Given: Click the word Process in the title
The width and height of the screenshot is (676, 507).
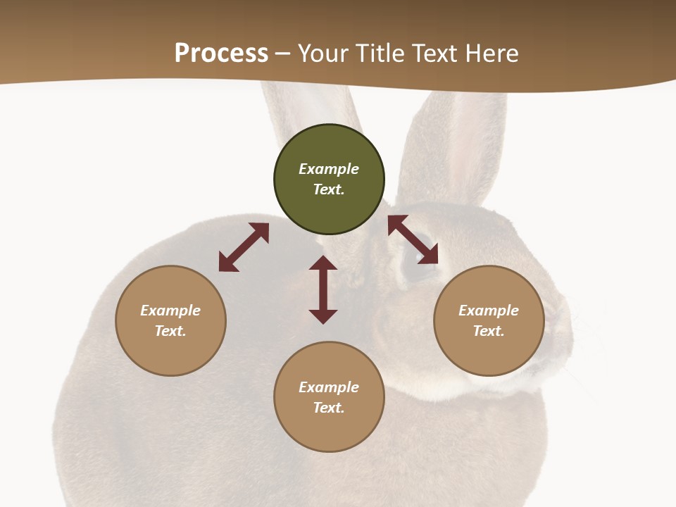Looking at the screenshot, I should pos(221,54).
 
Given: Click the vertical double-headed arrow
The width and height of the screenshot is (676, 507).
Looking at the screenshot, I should pos(323,289).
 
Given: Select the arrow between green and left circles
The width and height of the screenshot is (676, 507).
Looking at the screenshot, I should pos(244,247).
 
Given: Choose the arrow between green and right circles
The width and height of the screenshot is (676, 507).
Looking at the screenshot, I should pos(413,239).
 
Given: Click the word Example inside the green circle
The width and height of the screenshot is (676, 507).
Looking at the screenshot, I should pos(329,169).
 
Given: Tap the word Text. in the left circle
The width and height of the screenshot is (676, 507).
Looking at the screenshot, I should pos(170,331).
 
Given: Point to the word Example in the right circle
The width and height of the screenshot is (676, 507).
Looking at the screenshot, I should pos(489,311).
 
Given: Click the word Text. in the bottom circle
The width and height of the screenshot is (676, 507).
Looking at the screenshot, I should pos(329,408).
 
